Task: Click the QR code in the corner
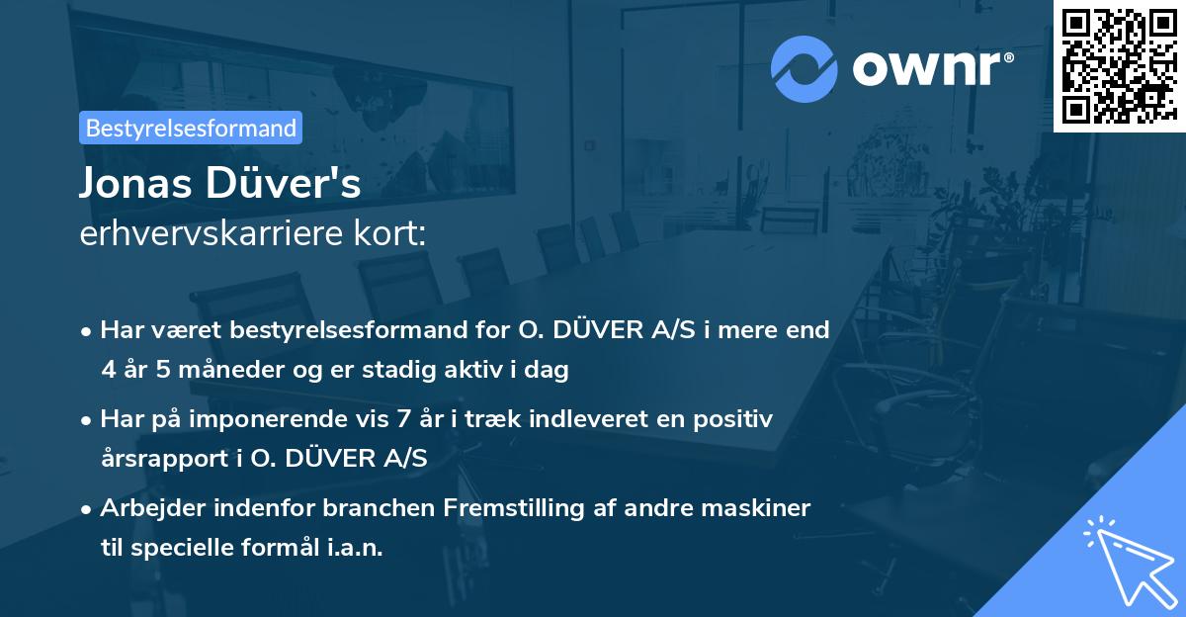1119,65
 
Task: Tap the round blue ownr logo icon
805,68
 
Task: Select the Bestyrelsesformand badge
191,128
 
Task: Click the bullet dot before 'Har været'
88,330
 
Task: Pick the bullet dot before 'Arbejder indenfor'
88,510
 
